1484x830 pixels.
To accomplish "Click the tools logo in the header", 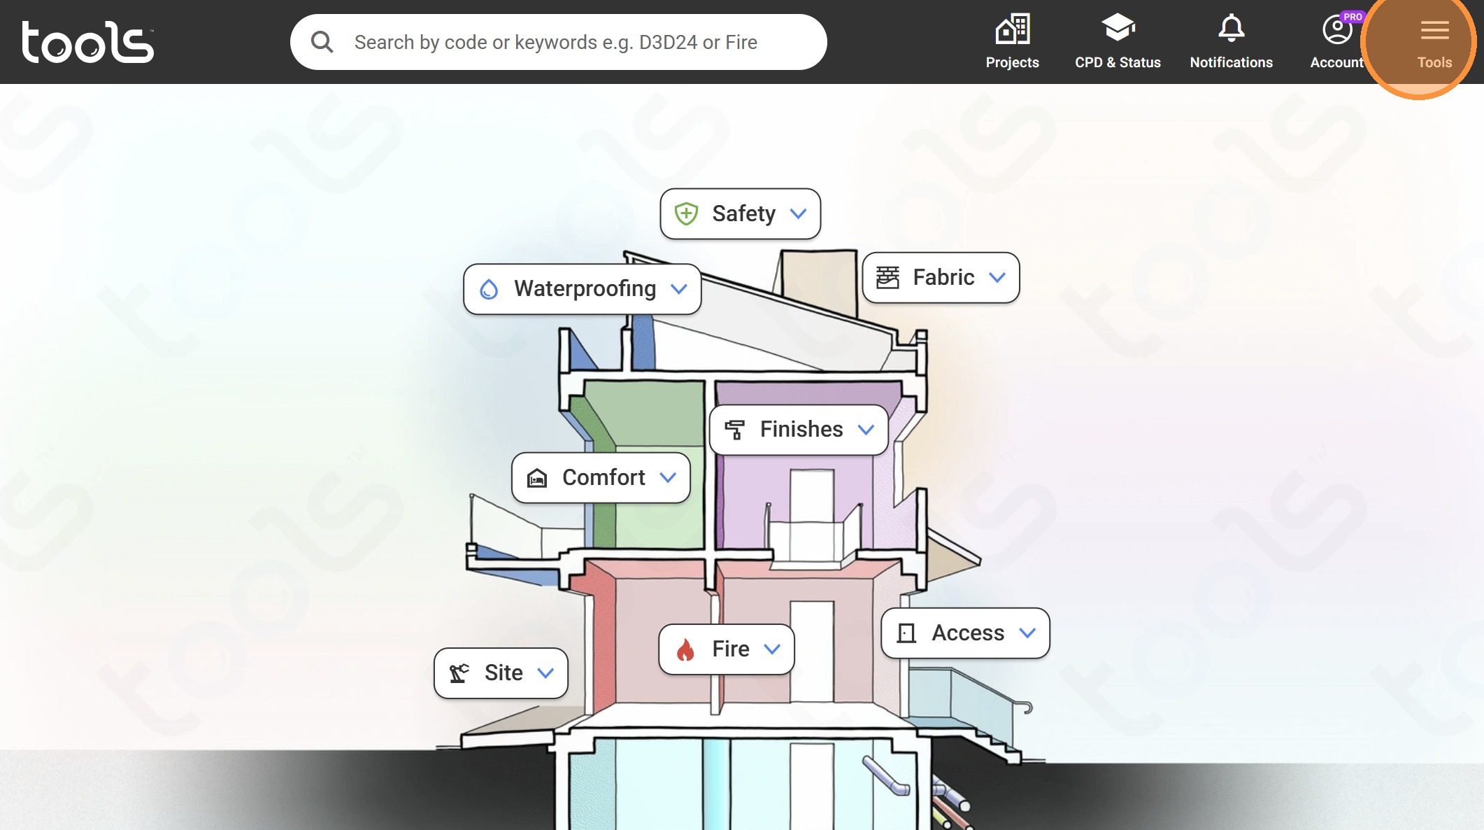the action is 87,42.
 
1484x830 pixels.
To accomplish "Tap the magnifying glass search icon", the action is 322,42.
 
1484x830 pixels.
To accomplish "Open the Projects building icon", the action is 1013,29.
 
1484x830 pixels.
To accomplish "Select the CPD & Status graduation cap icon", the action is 1118,28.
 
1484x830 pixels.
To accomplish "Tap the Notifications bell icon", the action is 1232,28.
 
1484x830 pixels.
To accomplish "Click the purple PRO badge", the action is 1353,17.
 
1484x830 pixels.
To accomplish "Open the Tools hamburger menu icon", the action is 1434,30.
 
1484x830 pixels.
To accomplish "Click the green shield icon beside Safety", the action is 686,213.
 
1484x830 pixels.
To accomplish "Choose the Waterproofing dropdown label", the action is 585,288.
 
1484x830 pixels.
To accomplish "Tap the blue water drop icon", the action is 489,289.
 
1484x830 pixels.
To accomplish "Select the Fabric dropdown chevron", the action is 997,278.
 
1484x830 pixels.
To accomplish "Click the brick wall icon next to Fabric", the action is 887,278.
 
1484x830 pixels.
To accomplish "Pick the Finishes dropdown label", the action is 801,429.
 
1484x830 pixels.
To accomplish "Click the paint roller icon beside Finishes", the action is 734,430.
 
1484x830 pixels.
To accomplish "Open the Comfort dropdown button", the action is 601,478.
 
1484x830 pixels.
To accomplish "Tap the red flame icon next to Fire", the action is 685,649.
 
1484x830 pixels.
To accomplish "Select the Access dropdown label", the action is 968,633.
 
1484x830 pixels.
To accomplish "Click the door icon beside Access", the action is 906,633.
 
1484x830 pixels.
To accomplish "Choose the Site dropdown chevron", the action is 545,673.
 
